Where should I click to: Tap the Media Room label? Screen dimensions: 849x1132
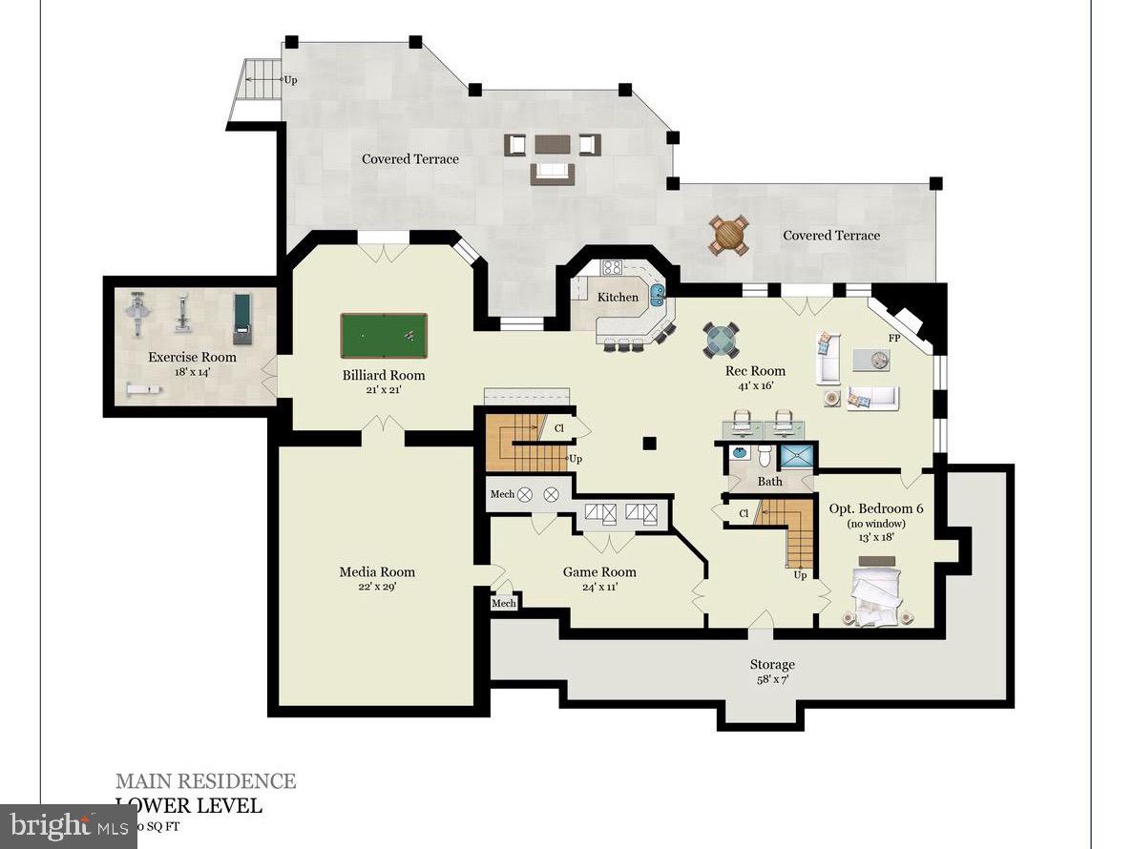pos(377,572)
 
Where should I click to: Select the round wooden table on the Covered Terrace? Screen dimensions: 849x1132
pos(728,235)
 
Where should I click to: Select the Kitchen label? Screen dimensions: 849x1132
pos(618,298)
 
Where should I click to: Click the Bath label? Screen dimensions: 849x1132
pos(770,482)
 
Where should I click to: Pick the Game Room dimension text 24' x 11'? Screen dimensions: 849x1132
pos(598,587)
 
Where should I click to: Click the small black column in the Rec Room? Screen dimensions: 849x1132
pos(649,443)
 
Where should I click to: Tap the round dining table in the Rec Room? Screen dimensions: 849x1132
pos(721,339)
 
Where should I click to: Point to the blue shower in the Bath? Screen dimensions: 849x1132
pos(796,456)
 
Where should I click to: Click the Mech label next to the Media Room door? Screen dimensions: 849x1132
pos(503,603)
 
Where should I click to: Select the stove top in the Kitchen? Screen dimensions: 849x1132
pos(612,268)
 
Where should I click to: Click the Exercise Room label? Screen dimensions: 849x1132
pos(192,358)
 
